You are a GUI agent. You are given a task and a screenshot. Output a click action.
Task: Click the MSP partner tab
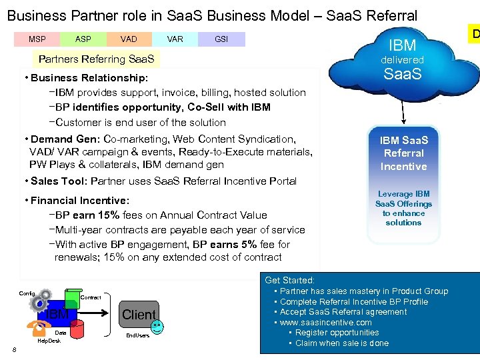pyautogui.click(x=37, y=39)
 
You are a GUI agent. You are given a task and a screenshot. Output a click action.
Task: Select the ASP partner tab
pyautogui.click(x=83, y=39)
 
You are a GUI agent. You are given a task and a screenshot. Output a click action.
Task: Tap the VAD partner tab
pyautogui.click(x=129, y=39)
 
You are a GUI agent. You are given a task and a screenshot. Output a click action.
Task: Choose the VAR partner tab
pyautogui.click(x=175, y=39)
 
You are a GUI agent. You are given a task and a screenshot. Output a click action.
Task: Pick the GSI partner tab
pyautogui.click(x=221, y=39)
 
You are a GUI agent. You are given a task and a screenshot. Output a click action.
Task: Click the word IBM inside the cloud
pyautogui.click(x=402, y=45)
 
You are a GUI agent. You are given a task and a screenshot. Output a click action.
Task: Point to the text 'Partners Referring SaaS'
pyautogui.click(x=96, y=59)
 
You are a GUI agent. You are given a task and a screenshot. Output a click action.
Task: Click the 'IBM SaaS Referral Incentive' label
pyautogui.click(x=403, y=153)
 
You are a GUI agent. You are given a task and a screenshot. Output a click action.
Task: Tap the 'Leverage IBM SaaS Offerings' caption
pyautogui.click(x=403, y=208)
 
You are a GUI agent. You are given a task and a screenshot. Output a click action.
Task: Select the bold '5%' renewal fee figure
pyautogui.click(x=248, y=244)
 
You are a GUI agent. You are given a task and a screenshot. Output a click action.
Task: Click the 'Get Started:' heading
pyautogui.click(x=289, y=281)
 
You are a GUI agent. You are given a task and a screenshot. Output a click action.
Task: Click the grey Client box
pyautogui.click(x=139, y=314)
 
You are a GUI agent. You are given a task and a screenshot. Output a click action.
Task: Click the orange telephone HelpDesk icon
pyautogui.click(x=33, y=326)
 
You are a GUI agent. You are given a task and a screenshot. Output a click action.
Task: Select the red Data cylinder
pyautogui.click(x=77, y=327)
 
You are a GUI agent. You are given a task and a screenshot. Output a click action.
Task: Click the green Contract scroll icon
pyautogui.click(x=71, y=297)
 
